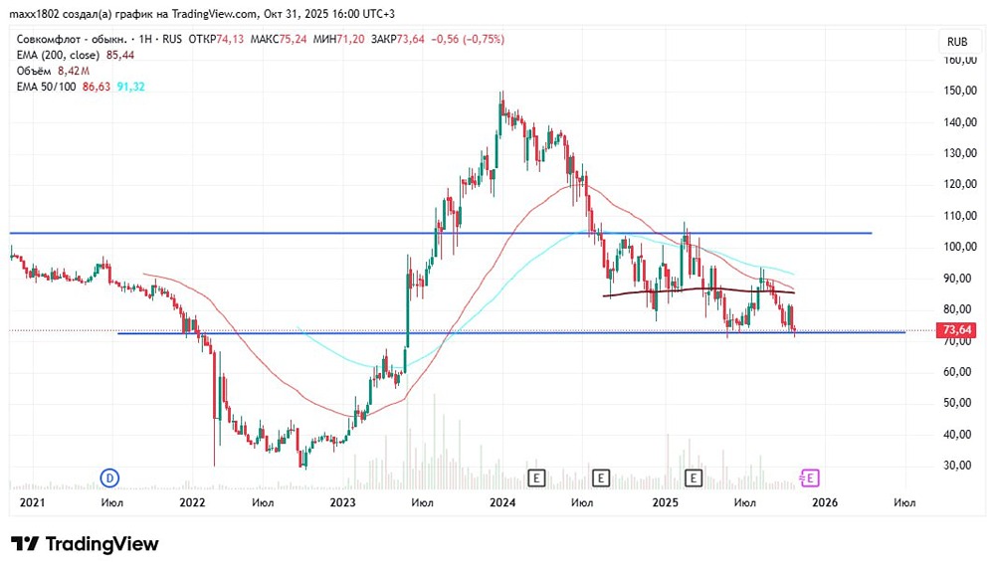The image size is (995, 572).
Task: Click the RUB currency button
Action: (x=957, y=42)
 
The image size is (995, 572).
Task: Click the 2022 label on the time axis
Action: (x=192, y=503)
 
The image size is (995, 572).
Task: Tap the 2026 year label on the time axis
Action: (x=825, y=503)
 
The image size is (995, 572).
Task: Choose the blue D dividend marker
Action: (x=110, y=478)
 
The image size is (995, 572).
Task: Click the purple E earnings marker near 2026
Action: (x=810, y=478)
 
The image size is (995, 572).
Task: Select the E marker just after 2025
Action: (x=694, y=478)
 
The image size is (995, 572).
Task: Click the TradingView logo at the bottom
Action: (x=85, y=544)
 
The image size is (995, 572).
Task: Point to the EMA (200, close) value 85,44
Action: (x=120, y=55)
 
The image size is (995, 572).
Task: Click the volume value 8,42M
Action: (x=74, y=72)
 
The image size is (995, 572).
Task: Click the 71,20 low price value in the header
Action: (x=351, y=39)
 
